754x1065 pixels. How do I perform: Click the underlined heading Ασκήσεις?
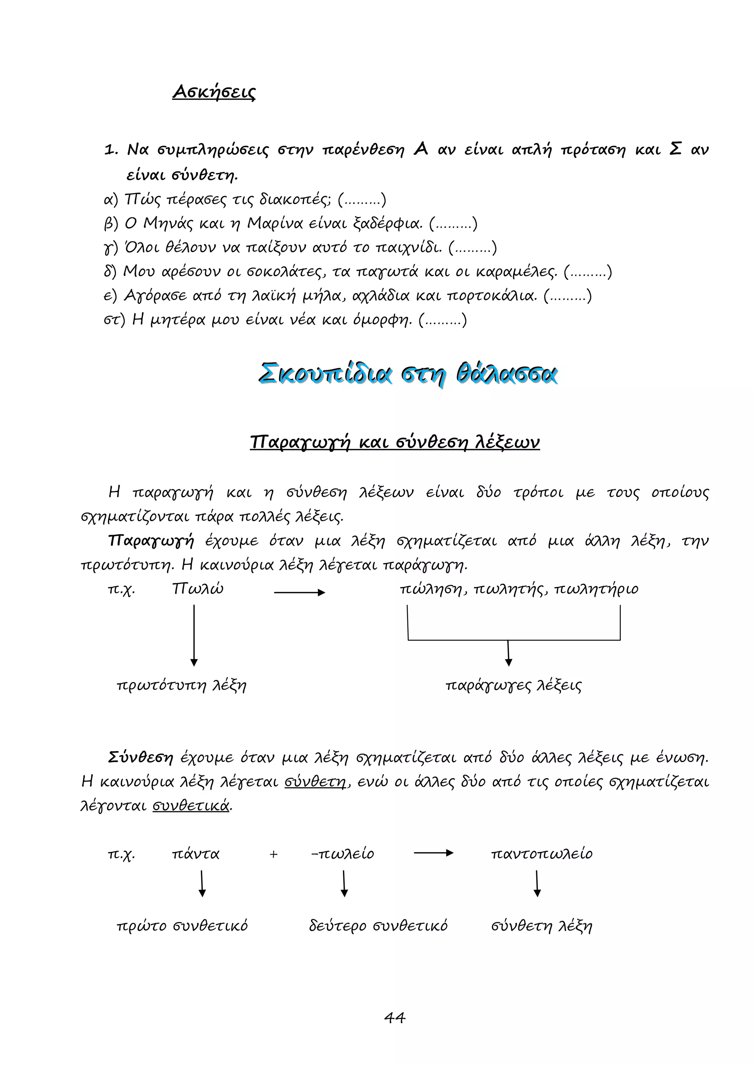(x=214, y=92)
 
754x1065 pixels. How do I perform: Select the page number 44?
(x=395, y=1017)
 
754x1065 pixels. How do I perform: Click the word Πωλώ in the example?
(x=198, y=589)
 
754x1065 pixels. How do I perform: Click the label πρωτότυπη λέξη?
(x=182, y=685)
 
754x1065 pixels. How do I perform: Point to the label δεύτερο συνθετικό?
(x=378, y=926)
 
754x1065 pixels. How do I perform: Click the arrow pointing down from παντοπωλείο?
(x=537, y=884)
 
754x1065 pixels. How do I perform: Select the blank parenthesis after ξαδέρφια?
(x=453, y=224)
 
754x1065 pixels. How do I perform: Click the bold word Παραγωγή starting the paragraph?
(x=151, y=541)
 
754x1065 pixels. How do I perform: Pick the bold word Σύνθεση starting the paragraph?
(x=140, y=758)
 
